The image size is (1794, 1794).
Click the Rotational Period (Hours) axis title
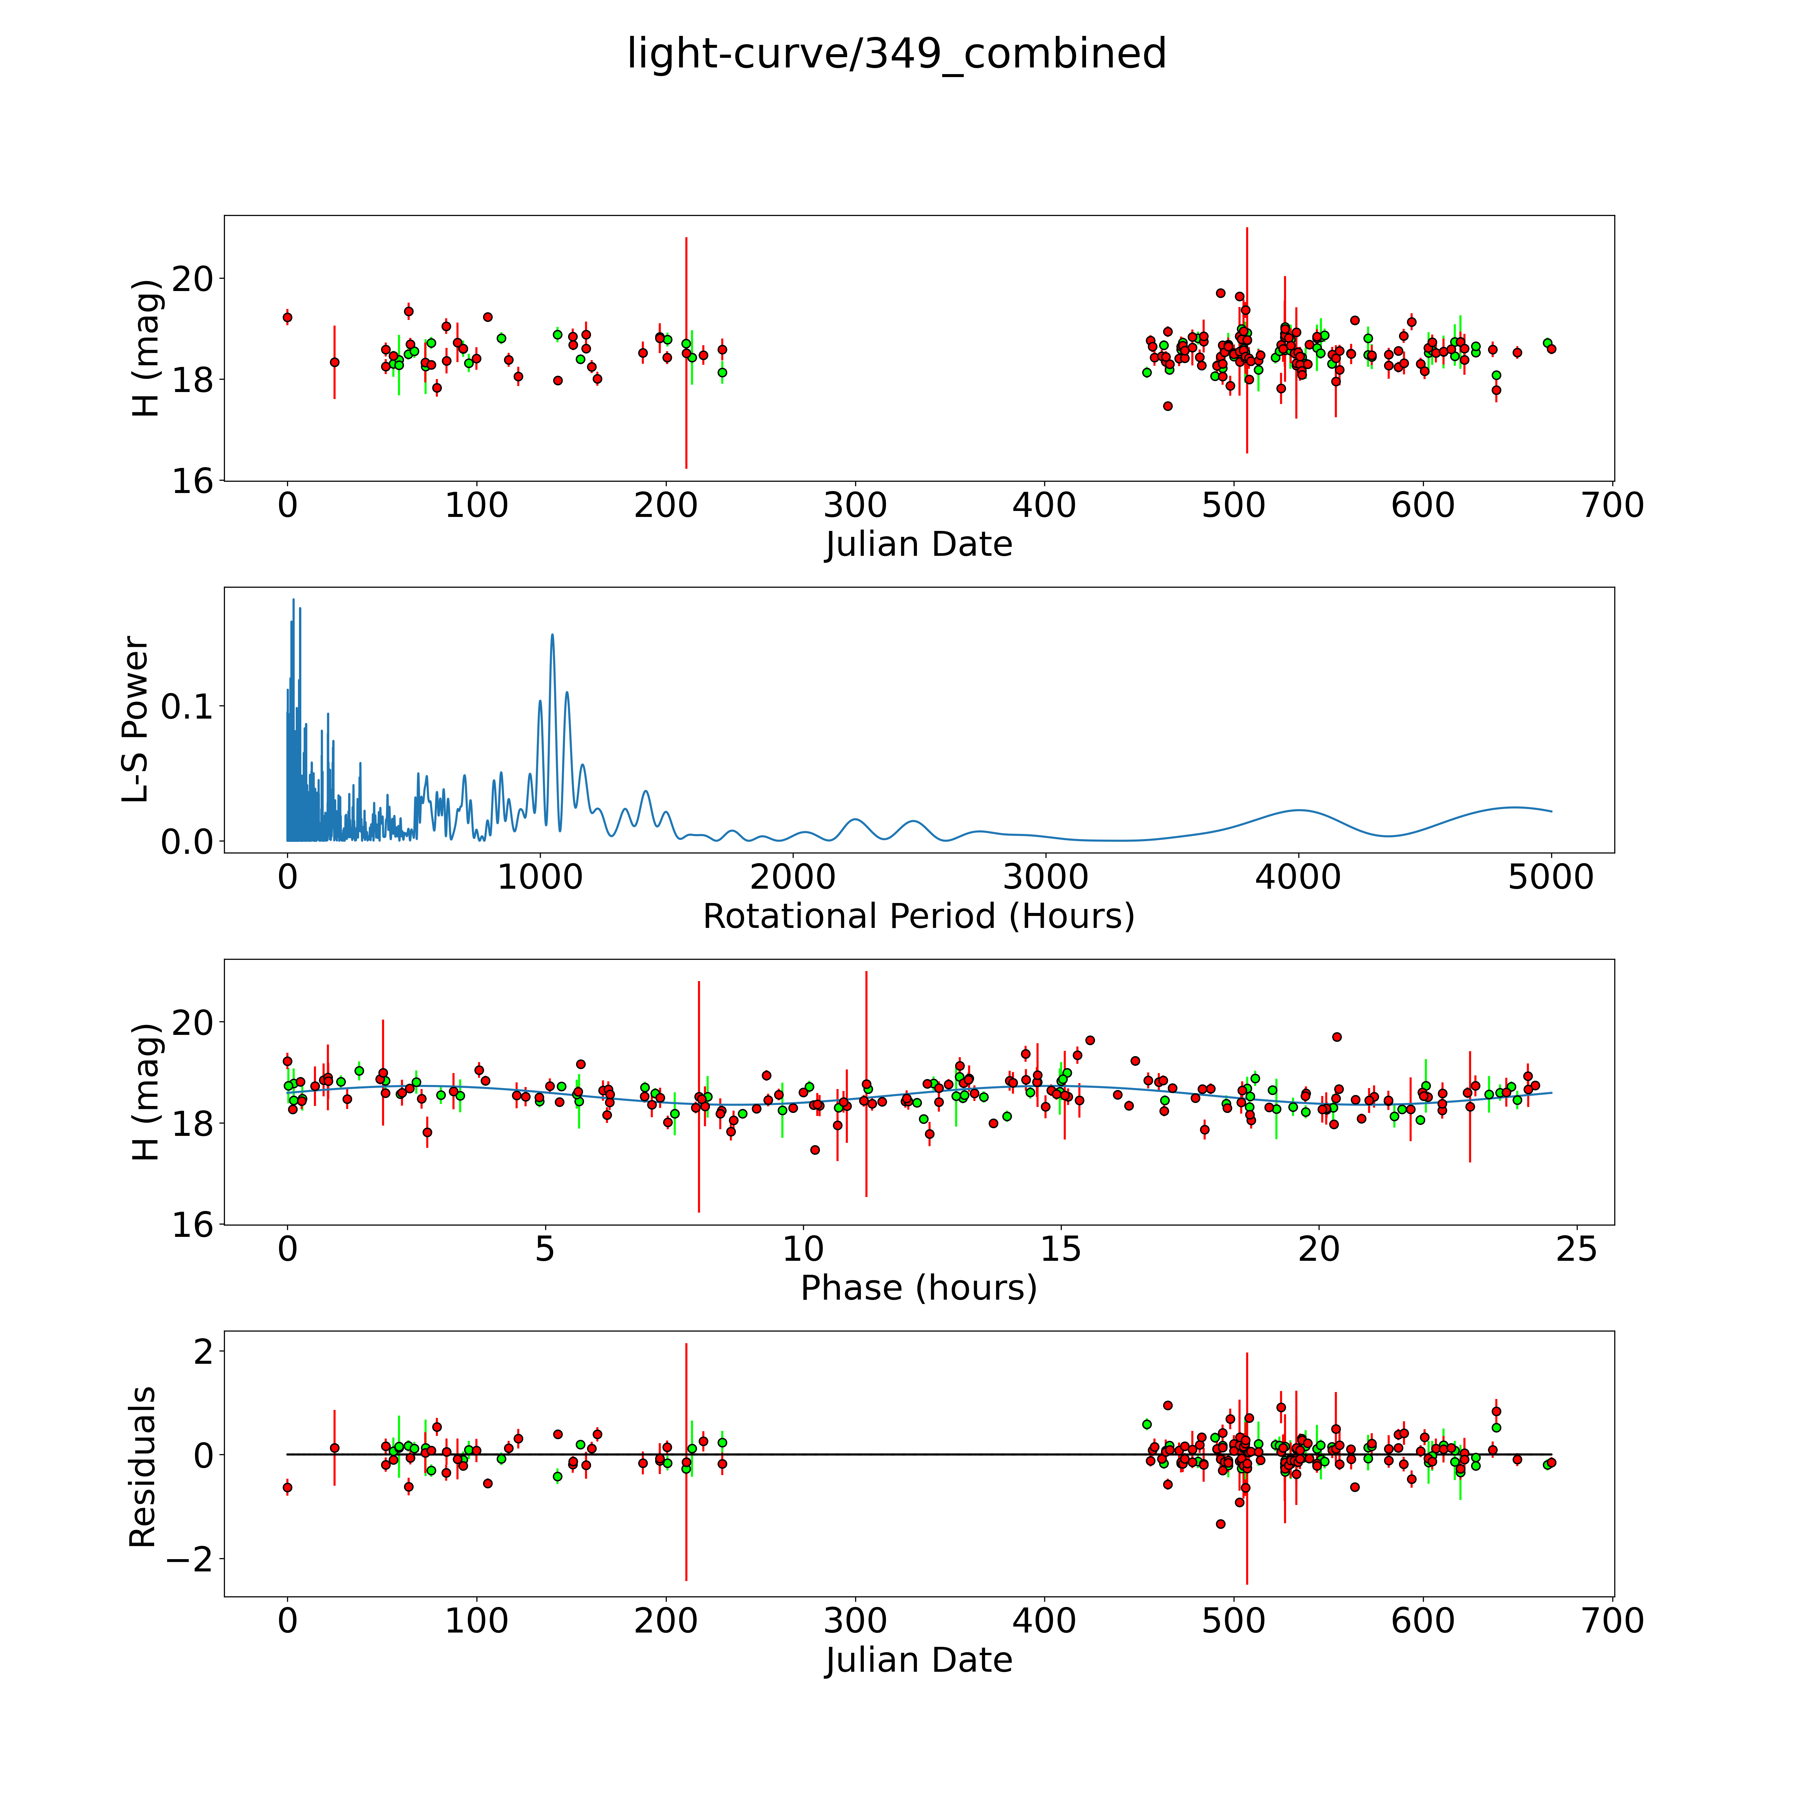tap(918, 917)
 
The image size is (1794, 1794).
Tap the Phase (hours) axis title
tap(918, 1288)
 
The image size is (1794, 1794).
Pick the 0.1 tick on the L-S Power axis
tap(188, 707)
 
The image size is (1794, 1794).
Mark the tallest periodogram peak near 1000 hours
tap(552, 635)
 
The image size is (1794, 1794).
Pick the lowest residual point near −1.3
tap(1220, 1524)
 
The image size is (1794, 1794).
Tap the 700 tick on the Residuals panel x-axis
tap(1613, 1621)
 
